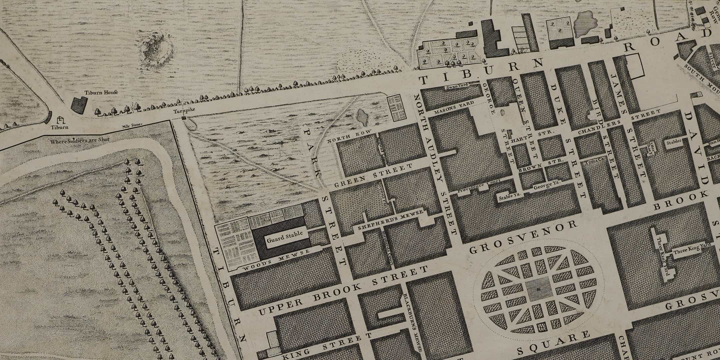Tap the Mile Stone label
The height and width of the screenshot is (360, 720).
click(x=132, y=125)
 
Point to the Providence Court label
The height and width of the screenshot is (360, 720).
click(x=473, y=189)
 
